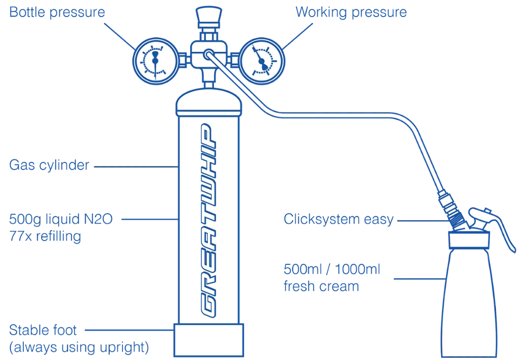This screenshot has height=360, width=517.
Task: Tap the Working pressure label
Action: pyautogui.click(x=350, y=12)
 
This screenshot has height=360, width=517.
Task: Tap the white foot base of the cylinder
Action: pyautogui.click(x=209, y=341)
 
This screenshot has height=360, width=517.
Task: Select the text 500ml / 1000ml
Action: pyautogui.click(x=332, y=270)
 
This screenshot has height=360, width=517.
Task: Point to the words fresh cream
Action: pyautogui.click(x=321, y=286)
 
